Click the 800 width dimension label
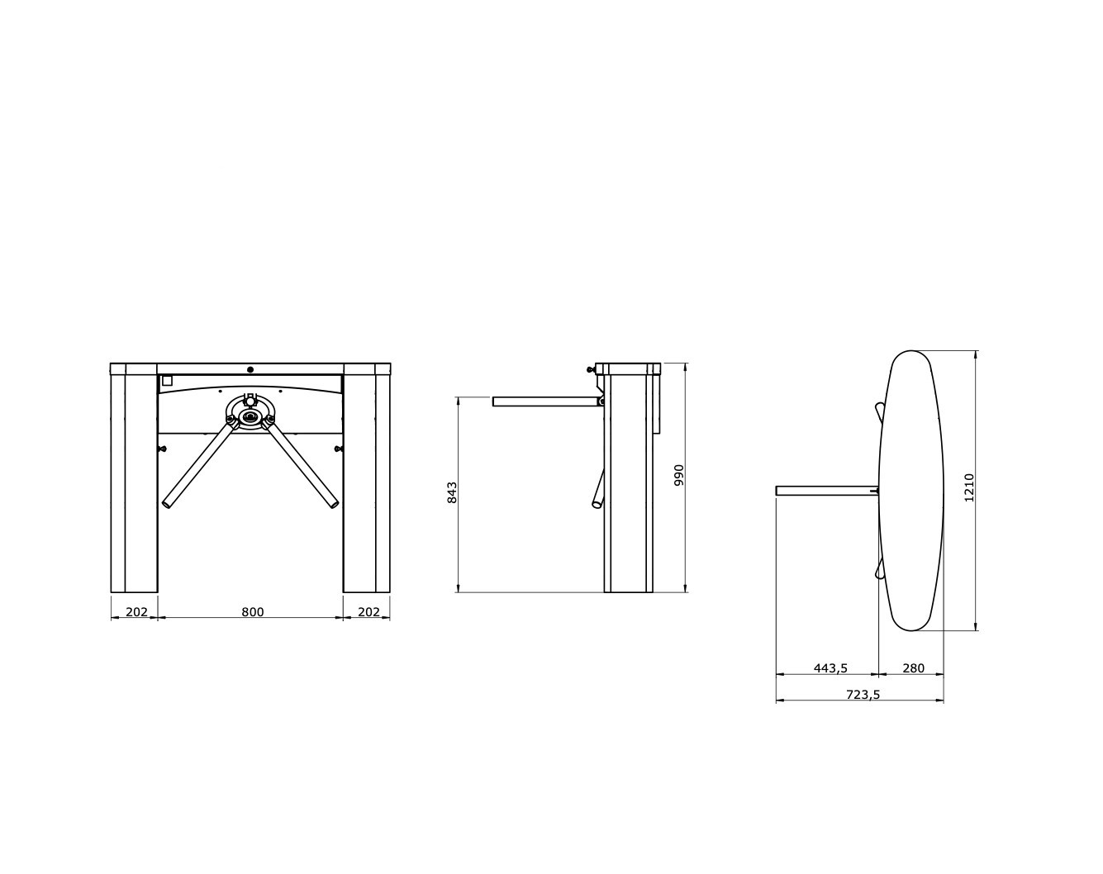pyautogui.click(x=252, y=612)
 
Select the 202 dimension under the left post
pyautogui.click(x=136, y=612)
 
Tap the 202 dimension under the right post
pyautogui.click(x=368, y=612)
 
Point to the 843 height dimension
pyautogui.click(x=452, y=492)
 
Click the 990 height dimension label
pyautogui.click(x=679, y=475)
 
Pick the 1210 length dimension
pyautogui.click(x=968, y=488)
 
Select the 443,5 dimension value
pyautogui.click(x=830, y=668)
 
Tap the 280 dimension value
pyautogui.click(x=913, y=668)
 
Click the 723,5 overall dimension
pyautogui.click(x=863, y=695)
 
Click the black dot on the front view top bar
pyautogui.click(x=250, y=369)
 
